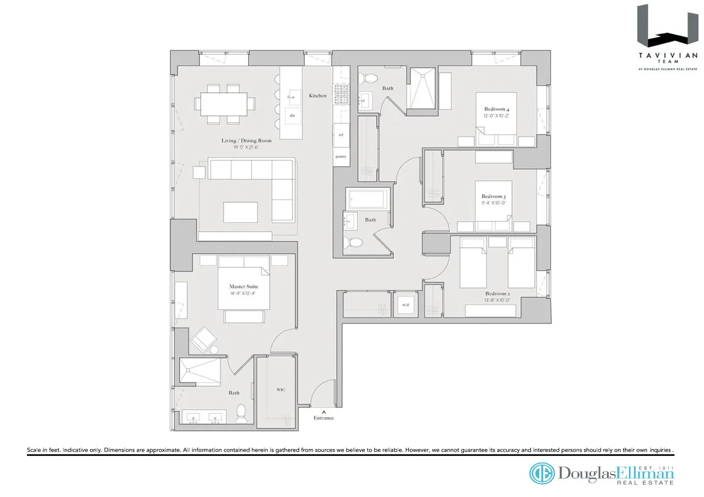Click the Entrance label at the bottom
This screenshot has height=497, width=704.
(x=323, y=418)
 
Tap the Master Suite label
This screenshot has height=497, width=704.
(x=243, y=287)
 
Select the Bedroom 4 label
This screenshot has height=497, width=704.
(x=496, y=109)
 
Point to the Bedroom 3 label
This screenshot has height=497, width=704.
(x=493, y=196)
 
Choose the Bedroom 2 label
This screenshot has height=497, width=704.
(x=496, y=294)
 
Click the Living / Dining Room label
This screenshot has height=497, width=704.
(x=246, y=141)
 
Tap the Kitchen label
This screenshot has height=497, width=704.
(x=317, y=96)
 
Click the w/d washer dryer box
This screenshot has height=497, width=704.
(x=405, y=305)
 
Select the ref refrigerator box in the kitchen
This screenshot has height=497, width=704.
(x=341, y=134)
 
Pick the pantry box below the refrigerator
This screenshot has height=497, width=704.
(x=341, y=156)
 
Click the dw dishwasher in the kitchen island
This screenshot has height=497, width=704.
(x=290, y=115)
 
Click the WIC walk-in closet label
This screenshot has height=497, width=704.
(x=280, y=389)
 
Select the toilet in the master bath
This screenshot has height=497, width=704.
(x=240, y=414)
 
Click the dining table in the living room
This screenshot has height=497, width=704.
(x=225, y=104)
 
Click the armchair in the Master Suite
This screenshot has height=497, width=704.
(x=204, y=339)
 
